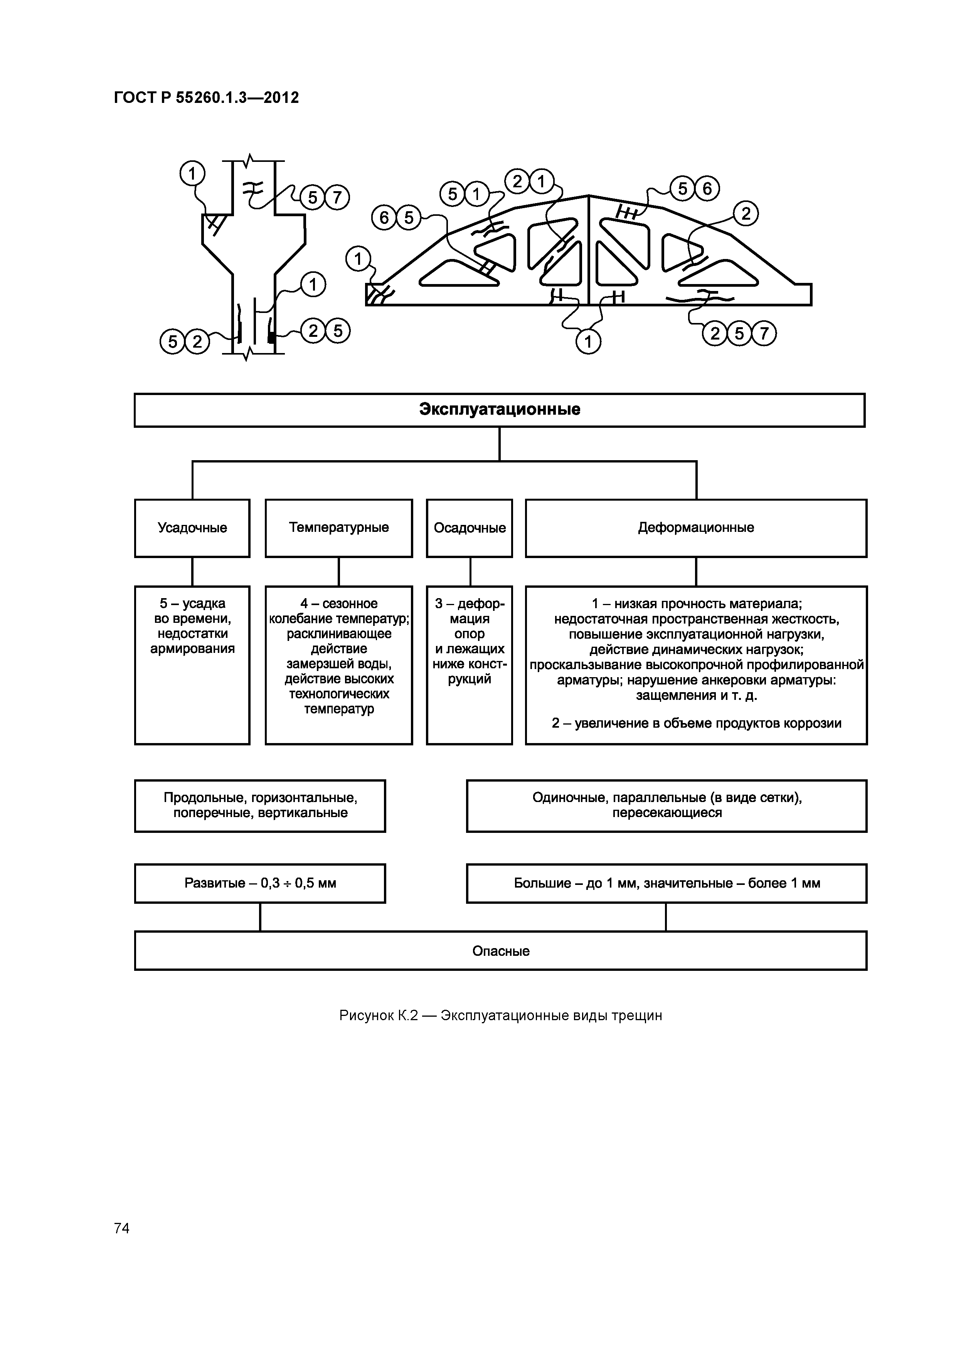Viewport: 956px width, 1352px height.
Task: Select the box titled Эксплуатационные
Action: coord(500,410)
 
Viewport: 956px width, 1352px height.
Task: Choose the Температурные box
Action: coord(339,528)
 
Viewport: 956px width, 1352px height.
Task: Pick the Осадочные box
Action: coord(470,528)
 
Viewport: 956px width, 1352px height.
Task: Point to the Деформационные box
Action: coord(696,528)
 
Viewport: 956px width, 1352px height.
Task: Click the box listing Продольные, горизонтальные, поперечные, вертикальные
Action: coord(260,805)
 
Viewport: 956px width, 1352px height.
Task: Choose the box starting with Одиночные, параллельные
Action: coord(666,805)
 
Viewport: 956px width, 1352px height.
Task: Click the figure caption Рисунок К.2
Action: coord(501,1016)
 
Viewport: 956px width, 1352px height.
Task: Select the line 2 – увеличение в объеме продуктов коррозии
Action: coord(696,723)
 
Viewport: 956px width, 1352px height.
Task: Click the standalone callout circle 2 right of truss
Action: coord(746,214)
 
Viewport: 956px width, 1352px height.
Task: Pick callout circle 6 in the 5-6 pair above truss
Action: coord(707,188)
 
